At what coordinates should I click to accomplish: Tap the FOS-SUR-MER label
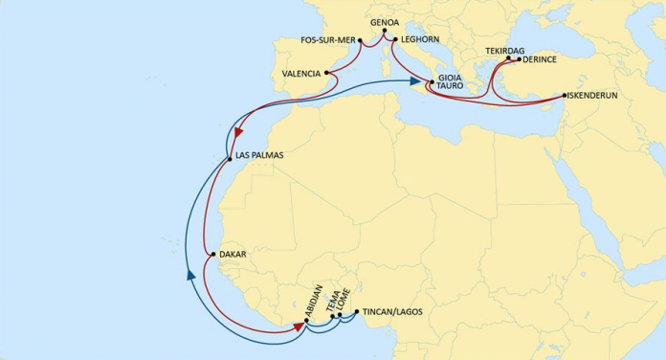(x=327, y=40)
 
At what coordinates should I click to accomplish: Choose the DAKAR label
(x=233, y=254)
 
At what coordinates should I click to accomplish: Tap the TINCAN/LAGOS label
(x=393, y=312)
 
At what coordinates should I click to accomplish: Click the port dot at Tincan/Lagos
(x=357, y=312)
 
